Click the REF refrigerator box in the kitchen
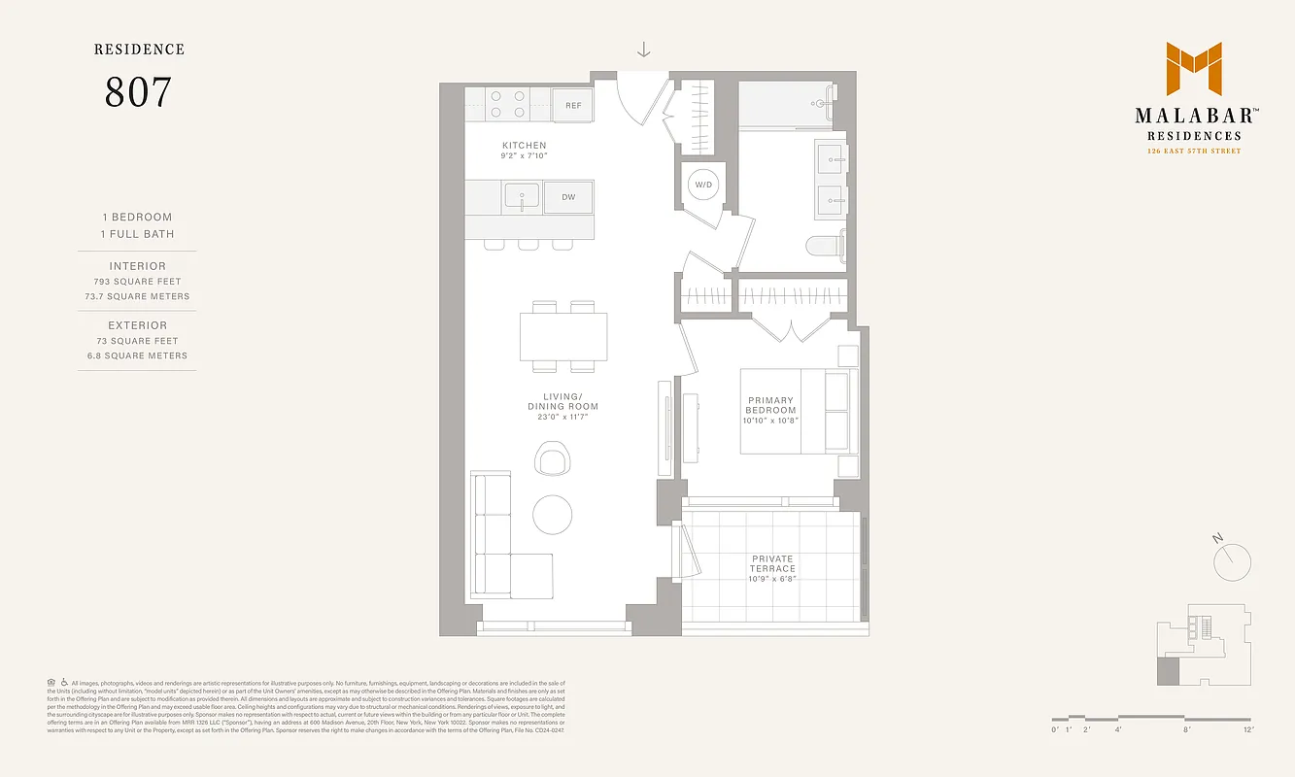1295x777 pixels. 573,105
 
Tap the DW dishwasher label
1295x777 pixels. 568,197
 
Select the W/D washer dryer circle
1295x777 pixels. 703,184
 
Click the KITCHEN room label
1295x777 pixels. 524,146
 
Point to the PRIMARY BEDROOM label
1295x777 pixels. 770,405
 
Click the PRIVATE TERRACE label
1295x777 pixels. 772,563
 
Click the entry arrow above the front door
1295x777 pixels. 643,51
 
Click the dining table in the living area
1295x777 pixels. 563,336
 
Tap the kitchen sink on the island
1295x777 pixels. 522,197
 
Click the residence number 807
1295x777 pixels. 138,92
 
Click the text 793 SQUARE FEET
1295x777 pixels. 137,282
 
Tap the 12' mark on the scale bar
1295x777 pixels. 1247,729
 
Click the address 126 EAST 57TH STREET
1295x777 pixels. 1193,152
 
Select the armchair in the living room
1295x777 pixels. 553,457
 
